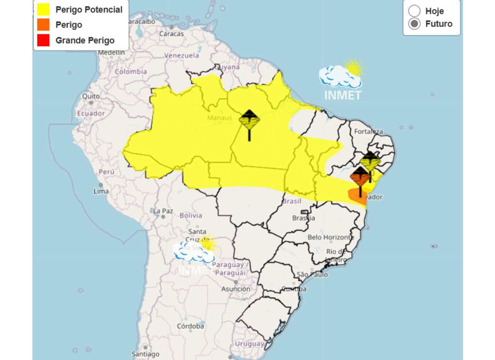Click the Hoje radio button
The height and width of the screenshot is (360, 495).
tap(414, 11)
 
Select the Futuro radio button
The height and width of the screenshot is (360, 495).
tap(414, 24)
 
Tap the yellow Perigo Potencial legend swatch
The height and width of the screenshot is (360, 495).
tap(43, 9)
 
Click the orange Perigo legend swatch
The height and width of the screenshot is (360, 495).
tap(43, 25)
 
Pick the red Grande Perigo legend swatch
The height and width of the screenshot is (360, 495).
tap(43, 40)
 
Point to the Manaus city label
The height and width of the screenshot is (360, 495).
tap(219, 118)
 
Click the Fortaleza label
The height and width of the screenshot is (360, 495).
tap(368, 132)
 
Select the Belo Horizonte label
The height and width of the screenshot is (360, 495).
tap(331, 237)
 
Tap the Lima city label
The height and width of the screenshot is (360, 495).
tap(101, 191)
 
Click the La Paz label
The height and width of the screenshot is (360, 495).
tap(163, 211)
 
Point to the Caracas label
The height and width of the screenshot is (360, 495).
tap(172, 34)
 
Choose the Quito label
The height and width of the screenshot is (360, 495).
tap(91, 96)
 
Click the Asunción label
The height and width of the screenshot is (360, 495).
tap(236, 289)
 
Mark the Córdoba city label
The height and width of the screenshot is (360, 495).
tap(190, 326)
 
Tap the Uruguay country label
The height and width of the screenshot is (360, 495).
tap(249, 344)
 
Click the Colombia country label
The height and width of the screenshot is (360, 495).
tap(131, 72)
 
